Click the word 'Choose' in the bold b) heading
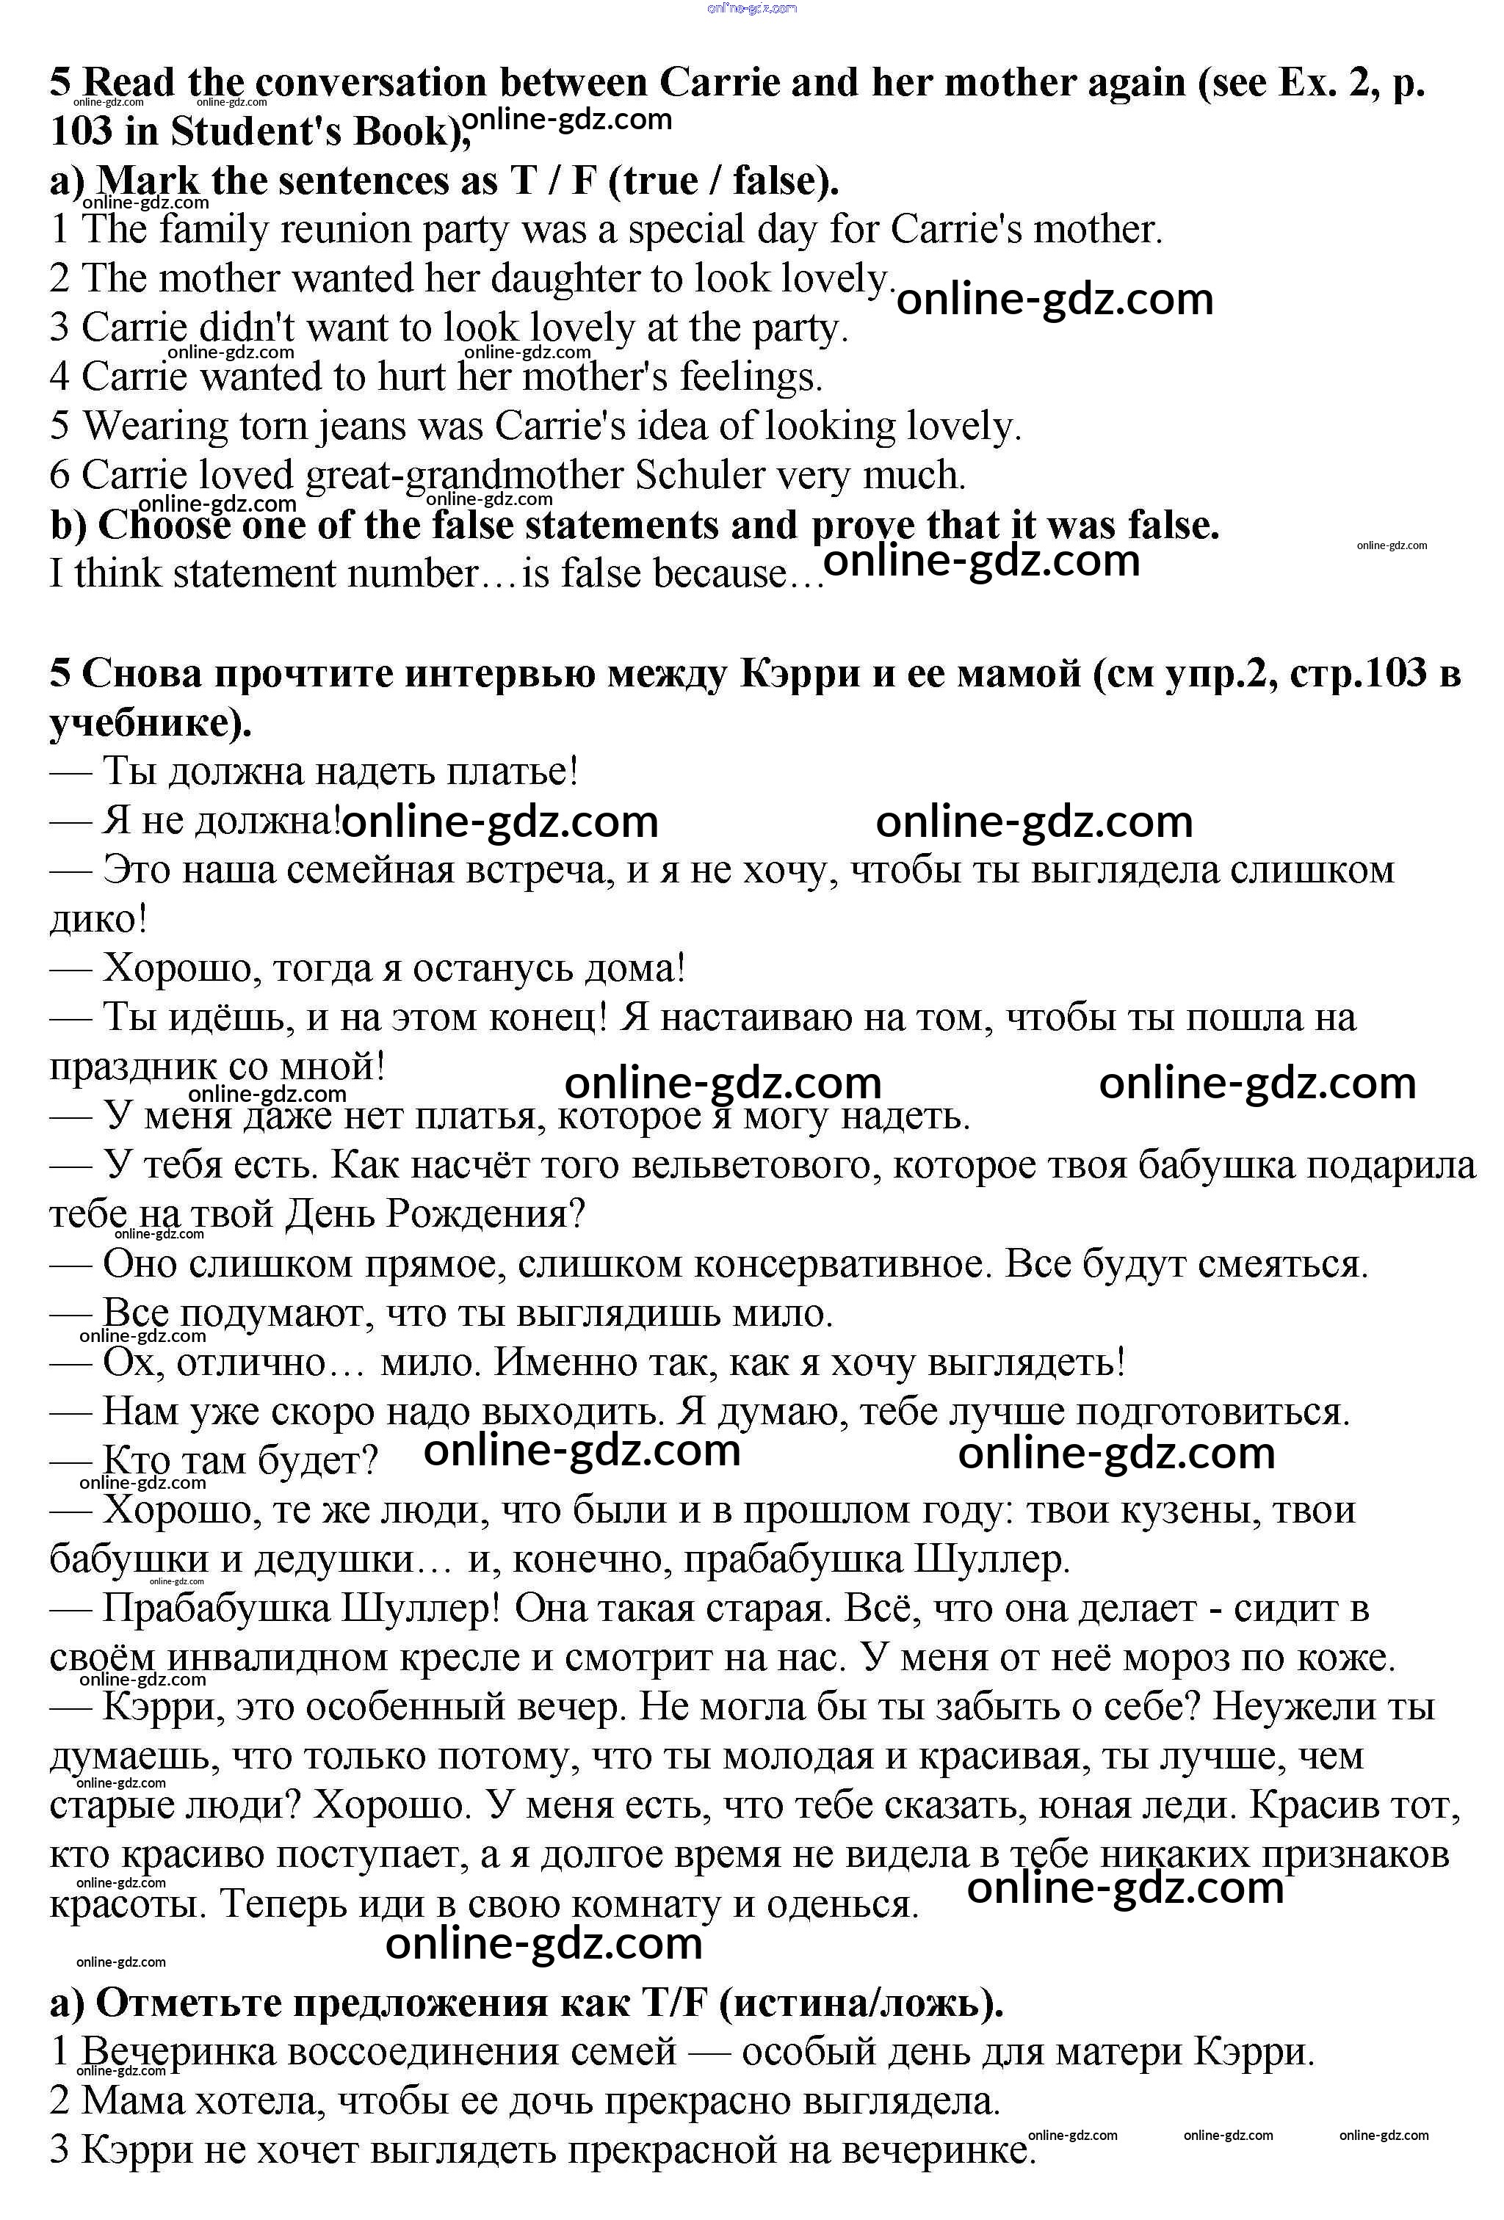point(164,526)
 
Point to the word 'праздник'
point(133,1067)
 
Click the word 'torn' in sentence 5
point(272,427)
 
